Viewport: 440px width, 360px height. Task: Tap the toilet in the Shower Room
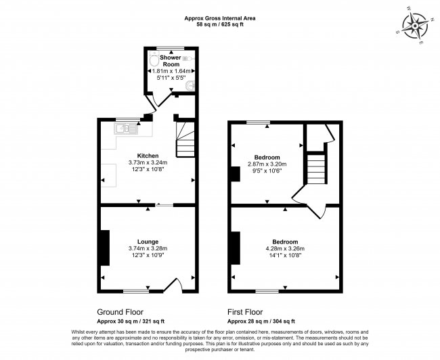[x=152, y=60]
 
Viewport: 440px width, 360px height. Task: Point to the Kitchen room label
[x=148, y=155]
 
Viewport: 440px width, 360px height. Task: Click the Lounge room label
[x=148, y=242]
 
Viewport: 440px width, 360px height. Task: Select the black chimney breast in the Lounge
[x=105, y=248]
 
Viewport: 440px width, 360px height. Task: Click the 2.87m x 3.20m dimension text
[x=269, y=164]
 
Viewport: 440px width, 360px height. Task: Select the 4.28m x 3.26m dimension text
[x=285, y=249]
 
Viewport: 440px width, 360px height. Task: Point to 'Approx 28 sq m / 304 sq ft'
[x=261, y=321]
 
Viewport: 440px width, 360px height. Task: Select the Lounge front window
[x=137, y=292]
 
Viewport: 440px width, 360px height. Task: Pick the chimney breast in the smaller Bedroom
[x=235, y=174]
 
